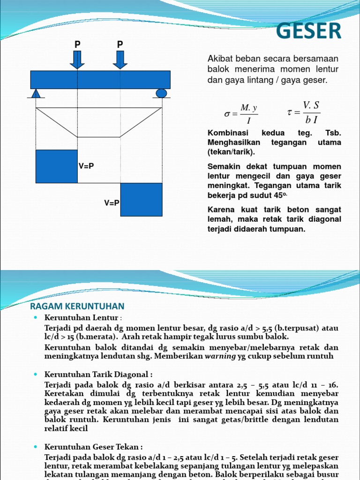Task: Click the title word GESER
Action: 308,31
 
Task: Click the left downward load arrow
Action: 77,60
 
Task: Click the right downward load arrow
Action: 120,60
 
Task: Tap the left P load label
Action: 77,45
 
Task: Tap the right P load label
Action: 120,45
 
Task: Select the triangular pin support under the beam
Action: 36,94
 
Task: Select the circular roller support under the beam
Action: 161,93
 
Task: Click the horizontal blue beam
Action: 100,80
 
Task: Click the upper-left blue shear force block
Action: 56,166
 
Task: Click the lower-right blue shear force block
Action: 142,200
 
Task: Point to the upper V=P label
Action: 86,166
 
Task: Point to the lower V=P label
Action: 112,203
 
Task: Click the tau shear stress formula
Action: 304,112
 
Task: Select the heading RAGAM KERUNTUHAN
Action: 77,306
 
